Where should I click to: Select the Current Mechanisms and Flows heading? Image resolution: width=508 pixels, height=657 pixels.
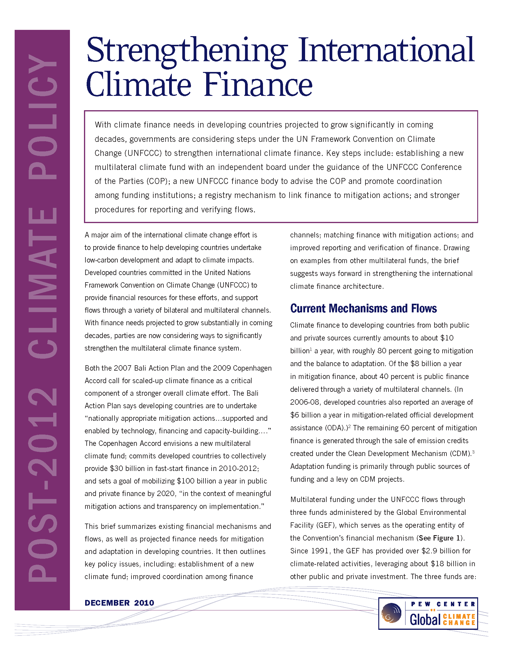tap(363, 309)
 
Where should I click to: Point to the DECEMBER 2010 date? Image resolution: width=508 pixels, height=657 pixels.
tap(119, 603)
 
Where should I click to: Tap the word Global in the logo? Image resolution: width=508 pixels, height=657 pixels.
tap(425, 619)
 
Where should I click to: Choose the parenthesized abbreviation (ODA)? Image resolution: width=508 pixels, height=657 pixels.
tap(333, 428)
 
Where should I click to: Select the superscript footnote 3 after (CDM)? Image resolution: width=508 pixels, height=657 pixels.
tap(473, 452)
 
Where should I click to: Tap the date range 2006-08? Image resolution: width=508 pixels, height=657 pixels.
tap(304, 402)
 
